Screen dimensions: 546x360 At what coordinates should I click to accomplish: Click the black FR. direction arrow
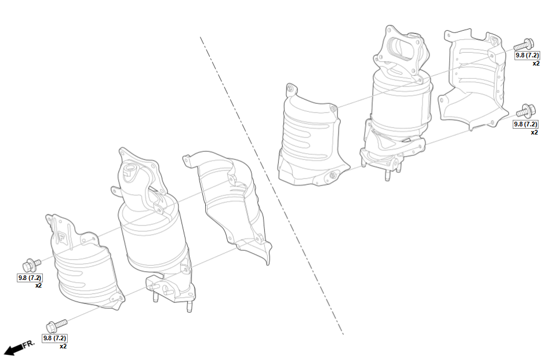[x=13, y=349]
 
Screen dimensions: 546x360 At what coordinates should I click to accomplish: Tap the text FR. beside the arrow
[x=29, y=344]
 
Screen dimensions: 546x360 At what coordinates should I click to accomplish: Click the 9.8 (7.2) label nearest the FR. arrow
[x=54, y=338]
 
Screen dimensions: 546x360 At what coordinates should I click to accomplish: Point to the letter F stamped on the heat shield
[x=61, y=237]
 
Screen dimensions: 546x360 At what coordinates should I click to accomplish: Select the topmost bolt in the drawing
[x=523, y=45]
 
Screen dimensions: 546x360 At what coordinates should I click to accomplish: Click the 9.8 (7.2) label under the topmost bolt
[x=527, y=55]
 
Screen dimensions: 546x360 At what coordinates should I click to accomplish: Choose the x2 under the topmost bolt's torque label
[x=536, y=63]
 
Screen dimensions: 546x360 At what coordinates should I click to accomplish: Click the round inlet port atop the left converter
[x=129, y=169]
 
